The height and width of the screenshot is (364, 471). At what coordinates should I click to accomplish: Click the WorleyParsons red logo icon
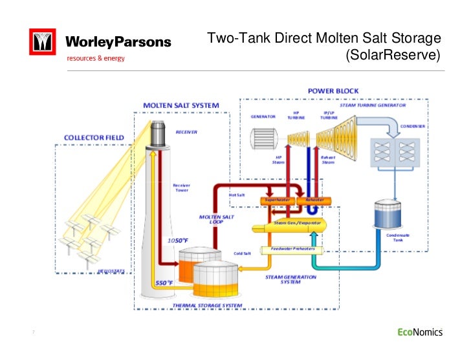point(43,43)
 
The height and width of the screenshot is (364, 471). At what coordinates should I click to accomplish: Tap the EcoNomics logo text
point(419,332)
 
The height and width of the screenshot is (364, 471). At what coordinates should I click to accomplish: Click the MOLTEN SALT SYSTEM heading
point(181,105)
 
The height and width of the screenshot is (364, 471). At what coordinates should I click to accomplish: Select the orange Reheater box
point(314,200)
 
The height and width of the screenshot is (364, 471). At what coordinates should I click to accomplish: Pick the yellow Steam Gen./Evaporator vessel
point(291,223)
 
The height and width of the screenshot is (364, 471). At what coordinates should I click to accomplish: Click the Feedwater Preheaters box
point(289,250)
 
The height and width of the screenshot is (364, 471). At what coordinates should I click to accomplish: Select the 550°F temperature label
point(164,283)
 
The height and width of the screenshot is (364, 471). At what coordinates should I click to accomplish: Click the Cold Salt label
point(242,253)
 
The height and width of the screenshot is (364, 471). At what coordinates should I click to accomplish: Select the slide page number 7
point(33,333)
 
